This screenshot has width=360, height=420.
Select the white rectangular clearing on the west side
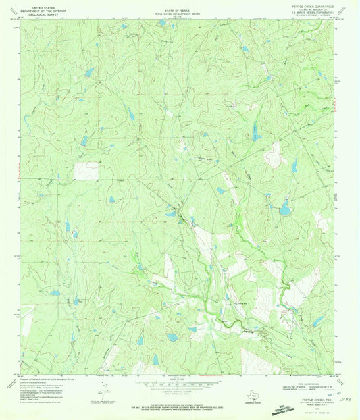(86, 171)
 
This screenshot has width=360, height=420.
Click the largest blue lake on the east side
(285, 210)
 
